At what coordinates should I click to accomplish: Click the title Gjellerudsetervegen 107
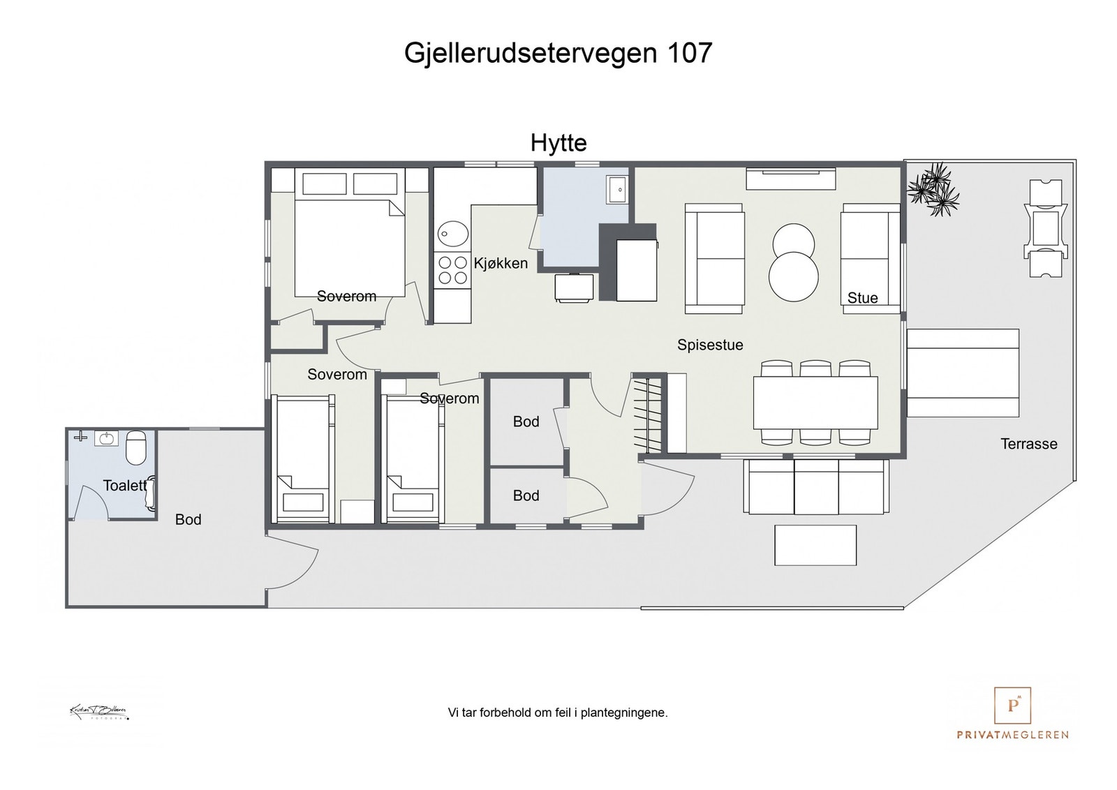point(558,53)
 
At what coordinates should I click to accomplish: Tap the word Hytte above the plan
point(558,143)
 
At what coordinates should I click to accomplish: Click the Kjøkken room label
point(501,263)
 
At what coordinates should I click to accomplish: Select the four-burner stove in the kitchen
point(452,270)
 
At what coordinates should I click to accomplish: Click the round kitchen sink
point(453,234)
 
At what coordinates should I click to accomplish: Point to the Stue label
point(862,298)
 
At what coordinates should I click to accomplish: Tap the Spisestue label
point(710,345)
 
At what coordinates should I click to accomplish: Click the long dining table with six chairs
point(815,403)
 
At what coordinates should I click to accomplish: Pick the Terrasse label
point(1028,444)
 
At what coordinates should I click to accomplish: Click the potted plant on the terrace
point(933,188)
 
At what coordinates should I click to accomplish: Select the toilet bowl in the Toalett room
point(135,447)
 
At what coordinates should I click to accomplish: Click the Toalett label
point(125,486)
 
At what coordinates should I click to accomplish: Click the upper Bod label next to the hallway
point(526,422)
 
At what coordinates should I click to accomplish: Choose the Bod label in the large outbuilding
point(188,519)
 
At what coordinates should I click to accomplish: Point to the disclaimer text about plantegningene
point(557,713)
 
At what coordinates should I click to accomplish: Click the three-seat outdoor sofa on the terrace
point(816,486)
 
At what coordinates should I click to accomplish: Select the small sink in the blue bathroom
point(617,188)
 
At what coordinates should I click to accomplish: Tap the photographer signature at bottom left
point(99,712)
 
